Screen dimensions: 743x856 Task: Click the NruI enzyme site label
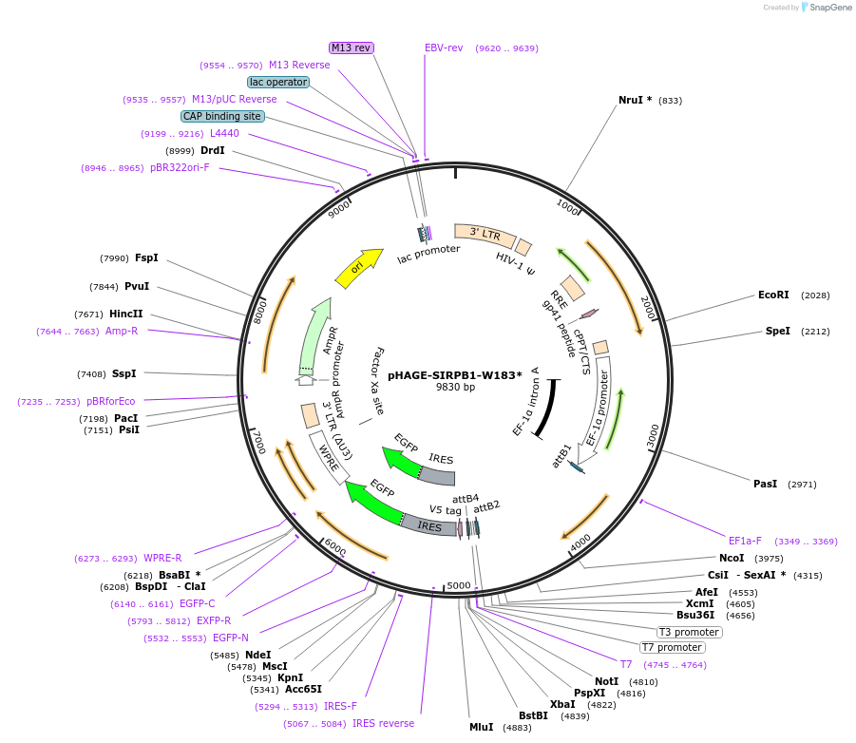click(635, 100)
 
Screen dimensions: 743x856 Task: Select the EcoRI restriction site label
click(773, 295)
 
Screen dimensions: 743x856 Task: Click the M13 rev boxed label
click(351, 48)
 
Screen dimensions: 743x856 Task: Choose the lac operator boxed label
click(278, 82)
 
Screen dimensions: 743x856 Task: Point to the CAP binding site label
click(222, 116)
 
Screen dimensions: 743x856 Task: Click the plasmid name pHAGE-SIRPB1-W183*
click(454, 374)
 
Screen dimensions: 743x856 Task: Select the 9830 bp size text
click(455, 388)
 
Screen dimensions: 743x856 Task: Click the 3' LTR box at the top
click(485, 234)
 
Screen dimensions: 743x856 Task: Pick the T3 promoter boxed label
click(689, 632)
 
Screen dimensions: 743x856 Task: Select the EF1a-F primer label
click(745, 541)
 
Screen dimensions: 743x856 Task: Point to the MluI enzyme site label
click(482, 727)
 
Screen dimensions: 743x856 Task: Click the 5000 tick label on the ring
click(459, 585)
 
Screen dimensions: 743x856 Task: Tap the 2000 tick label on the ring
click(647, 308)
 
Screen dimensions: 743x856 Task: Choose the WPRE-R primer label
click(162, 558)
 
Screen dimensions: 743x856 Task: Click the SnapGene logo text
click(829, 8)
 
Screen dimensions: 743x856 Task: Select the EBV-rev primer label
click(444, 48)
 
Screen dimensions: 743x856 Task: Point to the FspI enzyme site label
click(146, 257)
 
